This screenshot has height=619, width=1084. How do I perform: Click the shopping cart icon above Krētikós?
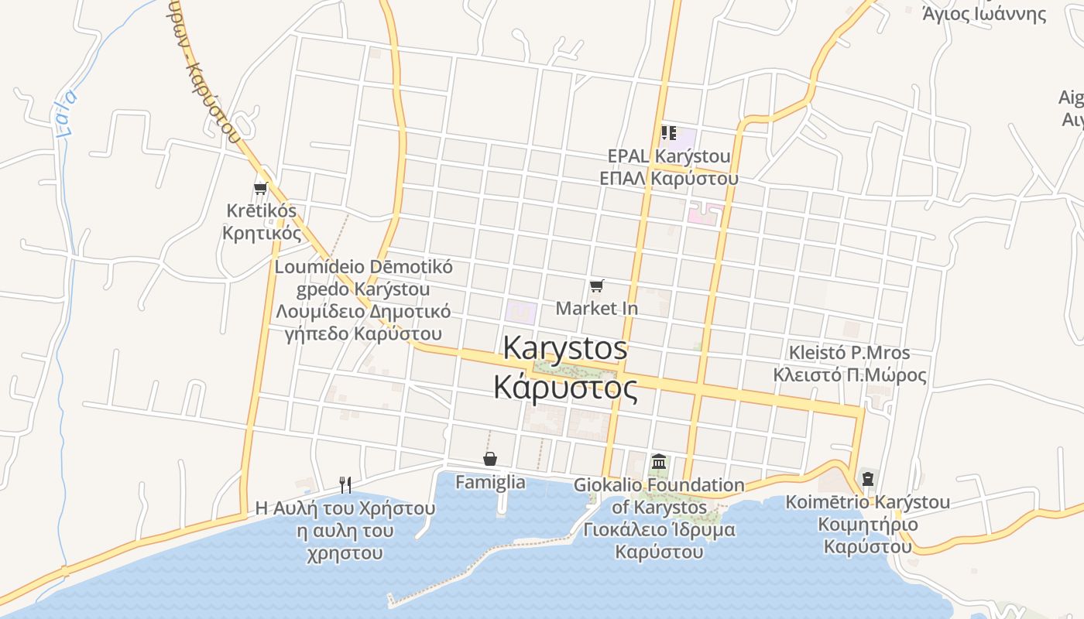pos(260,188)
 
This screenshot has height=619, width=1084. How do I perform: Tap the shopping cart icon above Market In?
pos(596,286)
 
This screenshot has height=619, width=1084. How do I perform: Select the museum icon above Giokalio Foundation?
pos(659,462)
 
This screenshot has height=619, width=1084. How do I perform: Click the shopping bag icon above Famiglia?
pos(489,460)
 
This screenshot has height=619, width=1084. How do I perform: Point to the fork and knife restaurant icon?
pos(345,485)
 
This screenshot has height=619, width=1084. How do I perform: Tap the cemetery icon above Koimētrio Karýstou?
pos(867,478)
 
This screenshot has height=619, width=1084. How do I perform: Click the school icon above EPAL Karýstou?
pos(669,133)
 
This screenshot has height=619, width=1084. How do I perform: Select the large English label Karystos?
pos(565,347)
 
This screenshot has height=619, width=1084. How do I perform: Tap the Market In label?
pos(597,308)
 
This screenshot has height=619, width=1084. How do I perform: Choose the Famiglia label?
pos(490,482)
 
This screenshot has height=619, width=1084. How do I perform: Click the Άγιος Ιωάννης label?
pos(984,12)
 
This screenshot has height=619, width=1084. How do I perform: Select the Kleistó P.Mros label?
pos(849,353)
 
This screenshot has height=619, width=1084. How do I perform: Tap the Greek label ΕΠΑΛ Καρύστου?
pos(669,178)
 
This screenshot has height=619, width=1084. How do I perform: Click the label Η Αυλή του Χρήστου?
pos(345,509)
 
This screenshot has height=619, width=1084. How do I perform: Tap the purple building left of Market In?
pos(521,313)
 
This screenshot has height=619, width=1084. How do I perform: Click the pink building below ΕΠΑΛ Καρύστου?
pos(705,212)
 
